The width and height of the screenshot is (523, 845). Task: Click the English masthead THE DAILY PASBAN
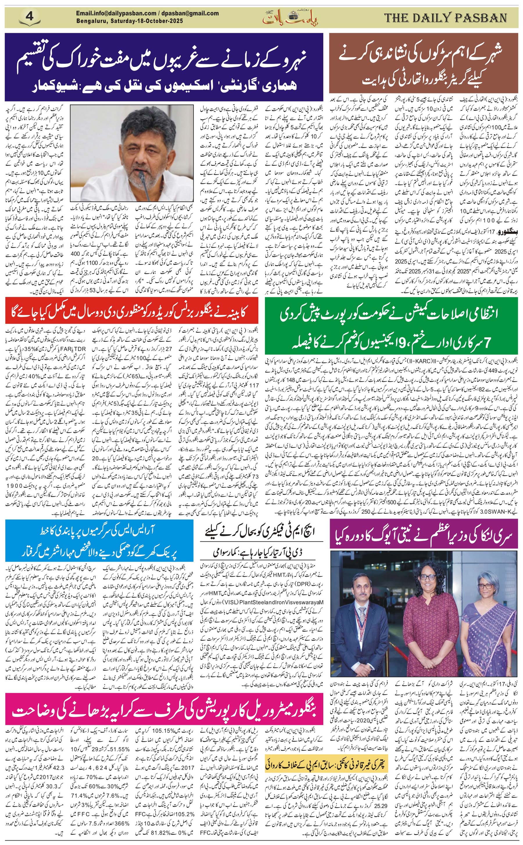[445, 18]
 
